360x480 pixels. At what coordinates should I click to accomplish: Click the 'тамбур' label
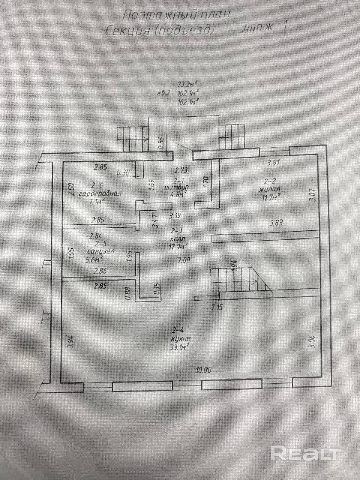tap(176, 187)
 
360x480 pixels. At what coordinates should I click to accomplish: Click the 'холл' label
tap(177, 238)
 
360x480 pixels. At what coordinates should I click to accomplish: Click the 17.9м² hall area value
tap(178, 246)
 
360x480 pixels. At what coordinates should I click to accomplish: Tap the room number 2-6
tap(97, 185)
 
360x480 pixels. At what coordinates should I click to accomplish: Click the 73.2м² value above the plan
tap(187, 84)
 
